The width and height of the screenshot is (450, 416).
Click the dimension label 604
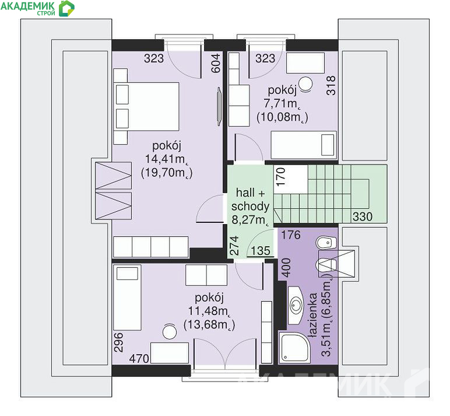pos(216,63)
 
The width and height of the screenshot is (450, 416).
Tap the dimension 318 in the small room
pos(331,85)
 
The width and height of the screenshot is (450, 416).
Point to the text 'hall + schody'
pos(250,200)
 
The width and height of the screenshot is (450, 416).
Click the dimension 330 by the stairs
pos(363,216)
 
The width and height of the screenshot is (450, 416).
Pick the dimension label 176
pos(291,235)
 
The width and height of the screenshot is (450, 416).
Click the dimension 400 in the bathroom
pos(287,268)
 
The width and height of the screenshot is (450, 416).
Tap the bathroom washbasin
pos(296,305)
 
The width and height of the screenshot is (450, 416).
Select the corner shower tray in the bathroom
pos(294,348)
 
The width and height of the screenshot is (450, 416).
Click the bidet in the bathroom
pos(326,243)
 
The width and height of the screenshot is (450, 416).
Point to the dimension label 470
pos(139,359)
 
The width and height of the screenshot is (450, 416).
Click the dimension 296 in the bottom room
pos(118,342)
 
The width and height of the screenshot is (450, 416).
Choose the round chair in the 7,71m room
pos(305,84)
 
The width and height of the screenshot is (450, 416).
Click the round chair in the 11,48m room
pos(170,331)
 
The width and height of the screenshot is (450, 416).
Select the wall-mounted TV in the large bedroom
pos(219,107)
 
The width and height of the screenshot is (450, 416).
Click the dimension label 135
pos(261,251)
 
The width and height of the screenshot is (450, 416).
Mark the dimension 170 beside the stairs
pos(280,177)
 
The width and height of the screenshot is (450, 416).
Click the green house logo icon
pos(66,8)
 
